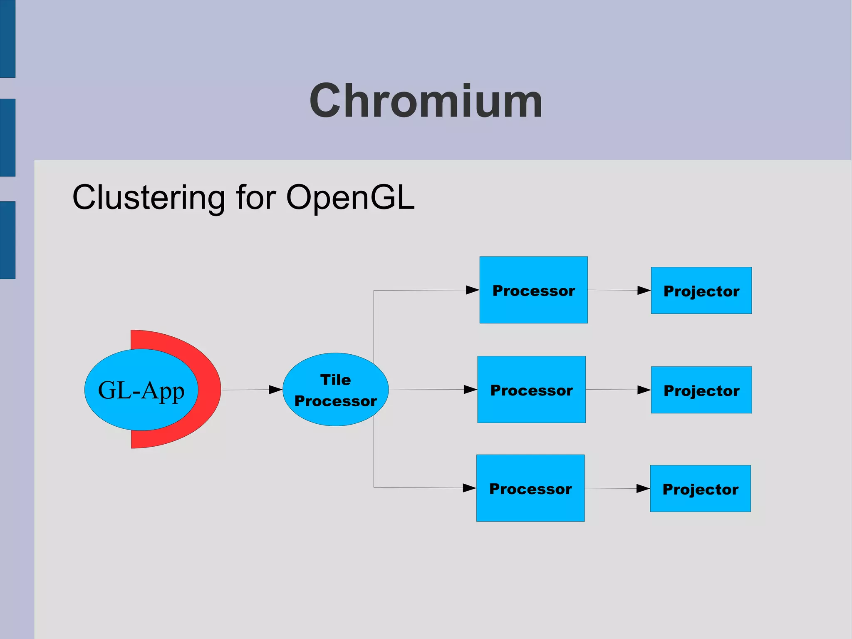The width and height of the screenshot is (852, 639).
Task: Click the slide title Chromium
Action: click(x=426, y=101)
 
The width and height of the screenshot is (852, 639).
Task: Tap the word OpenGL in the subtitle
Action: click(x=350, y=197)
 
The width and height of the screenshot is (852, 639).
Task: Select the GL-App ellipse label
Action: click(x=141, y=390)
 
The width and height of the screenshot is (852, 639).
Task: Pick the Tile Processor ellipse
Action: click(x=335, y=389)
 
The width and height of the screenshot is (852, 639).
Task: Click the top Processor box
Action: click(x=533, y=290)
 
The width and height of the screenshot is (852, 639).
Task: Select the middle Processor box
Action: click(x=531, y=390)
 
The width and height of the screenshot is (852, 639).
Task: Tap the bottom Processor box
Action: click(x=530, y=488)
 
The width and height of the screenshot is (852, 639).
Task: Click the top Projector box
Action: click(x=701, y=291)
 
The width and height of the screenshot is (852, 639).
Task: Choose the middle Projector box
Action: click(x=701, y=390)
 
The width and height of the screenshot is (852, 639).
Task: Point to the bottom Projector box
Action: click(x=700, y=489)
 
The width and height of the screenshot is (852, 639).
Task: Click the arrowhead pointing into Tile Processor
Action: click(x=275, y=390)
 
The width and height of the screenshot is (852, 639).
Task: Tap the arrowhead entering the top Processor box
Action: click(x=472, y=290)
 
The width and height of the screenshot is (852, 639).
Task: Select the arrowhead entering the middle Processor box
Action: click(x=470, y=390)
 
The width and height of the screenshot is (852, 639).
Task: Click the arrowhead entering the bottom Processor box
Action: click(x=469, y=488)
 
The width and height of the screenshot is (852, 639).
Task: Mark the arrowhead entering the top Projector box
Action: click(x=644, y=290)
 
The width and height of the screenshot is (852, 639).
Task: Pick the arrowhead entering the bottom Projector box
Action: click(x=643, y=488)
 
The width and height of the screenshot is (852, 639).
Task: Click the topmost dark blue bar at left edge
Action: click(x=7, y=39)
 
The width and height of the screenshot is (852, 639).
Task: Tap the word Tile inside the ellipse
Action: click(x=335, y=380)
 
